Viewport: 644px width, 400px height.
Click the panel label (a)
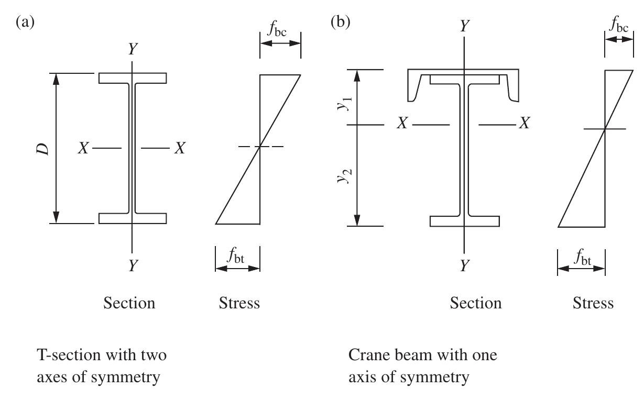[26, 23]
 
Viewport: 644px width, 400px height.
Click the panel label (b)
[341, 23]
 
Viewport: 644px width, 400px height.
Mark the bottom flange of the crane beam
[464, 221]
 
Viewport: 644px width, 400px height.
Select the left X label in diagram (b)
[402, 124]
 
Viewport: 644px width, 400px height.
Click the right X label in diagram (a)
[180, 148]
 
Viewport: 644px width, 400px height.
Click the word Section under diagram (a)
[129, 303]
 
